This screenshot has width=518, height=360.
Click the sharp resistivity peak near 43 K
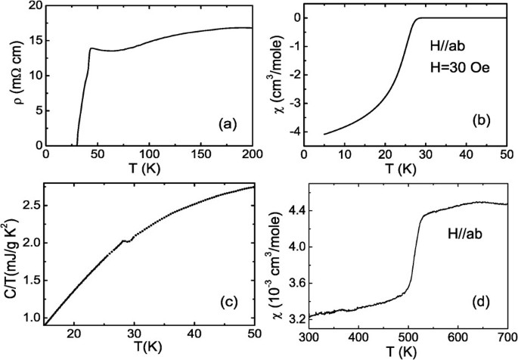click(x=91, y=48)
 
